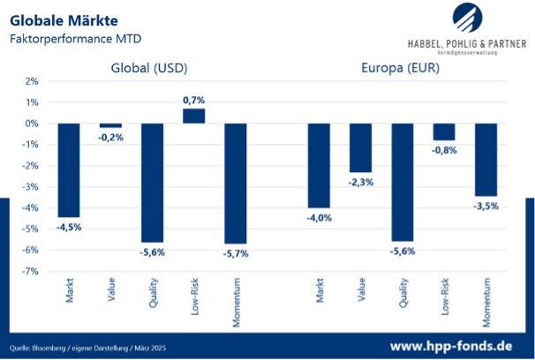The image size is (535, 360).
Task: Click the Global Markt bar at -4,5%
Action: (x=69, y=170)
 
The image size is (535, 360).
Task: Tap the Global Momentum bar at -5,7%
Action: (x=236, y=183)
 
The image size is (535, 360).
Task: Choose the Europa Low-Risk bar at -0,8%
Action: (x=444, y=131)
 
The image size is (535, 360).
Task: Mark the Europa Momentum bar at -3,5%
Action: (x=486, y=160)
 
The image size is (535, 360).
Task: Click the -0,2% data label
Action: (x=110, y=137)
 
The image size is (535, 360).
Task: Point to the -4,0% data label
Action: (x=319, y=217)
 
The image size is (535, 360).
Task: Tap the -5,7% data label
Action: (x=236, y=253)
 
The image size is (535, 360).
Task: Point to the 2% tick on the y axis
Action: (x=32, y=81)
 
